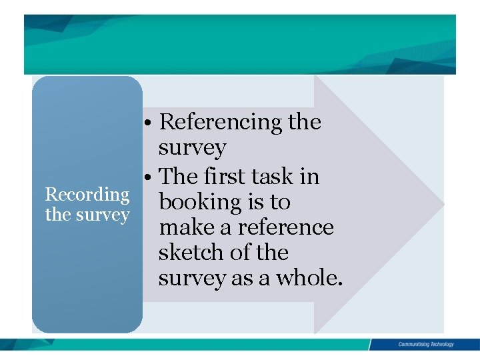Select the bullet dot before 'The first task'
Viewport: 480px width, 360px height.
[x=153, y=177]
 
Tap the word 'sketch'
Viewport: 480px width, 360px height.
[x=191, y=253]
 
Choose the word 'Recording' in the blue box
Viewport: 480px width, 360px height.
[x=87, y=195]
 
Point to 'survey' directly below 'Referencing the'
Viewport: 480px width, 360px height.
[x=192, y=148]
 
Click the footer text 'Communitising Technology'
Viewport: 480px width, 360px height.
[x=426, y=345]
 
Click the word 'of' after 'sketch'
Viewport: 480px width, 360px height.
[x=242, y=253]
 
